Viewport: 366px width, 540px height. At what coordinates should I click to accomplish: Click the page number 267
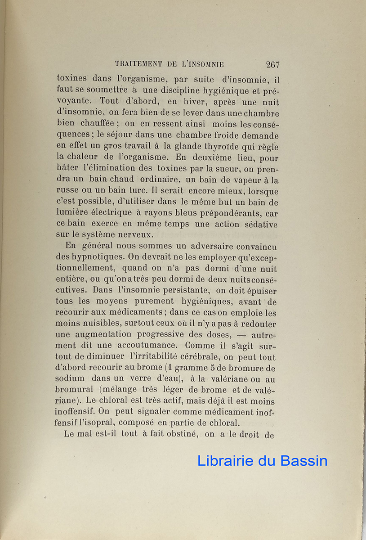[272, 64]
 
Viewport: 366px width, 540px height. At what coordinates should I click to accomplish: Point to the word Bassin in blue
[304, 460]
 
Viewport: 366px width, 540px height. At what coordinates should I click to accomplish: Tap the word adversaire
[199, 246]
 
